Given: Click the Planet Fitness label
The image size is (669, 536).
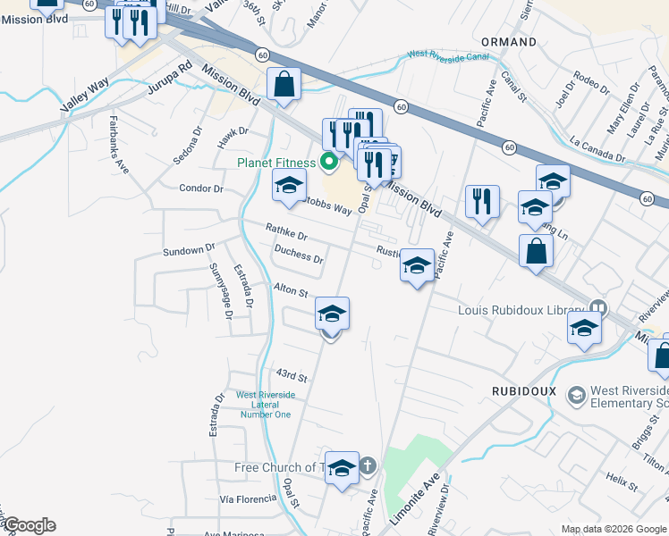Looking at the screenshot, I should [x=275, y=163].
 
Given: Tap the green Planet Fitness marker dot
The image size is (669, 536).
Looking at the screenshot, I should [x=328, y=163].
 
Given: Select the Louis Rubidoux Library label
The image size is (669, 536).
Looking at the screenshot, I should [x=521, y=311].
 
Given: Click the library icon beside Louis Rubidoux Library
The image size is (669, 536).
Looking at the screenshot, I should [x=597, y=311].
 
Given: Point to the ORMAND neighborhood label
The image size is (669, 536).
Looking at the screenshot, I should [x=509, y=42].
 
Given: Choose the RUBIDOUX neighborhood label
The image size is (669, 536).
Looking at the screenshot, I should [x=523, y=391].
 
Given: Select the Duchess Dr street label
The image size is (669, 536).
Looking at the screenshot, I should [x=299, y=254].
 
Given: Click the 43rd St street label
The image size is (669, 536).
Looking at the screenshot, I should [x=292, y=375].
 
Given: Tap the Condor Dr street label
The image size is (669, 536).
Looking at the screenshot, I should [x=201, y=188].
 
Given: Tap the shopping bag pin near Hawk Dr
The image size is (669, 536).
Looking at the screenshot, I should [x=284, y=86].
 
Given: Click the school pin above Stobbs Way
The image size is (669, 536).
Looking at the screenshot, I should [x=289, y=185].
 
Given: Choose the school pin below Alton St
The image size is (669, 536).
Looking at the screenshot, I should [x=332, y=314].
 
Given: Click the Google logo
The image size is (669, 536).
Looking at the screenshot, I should [x=29, y=525].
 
